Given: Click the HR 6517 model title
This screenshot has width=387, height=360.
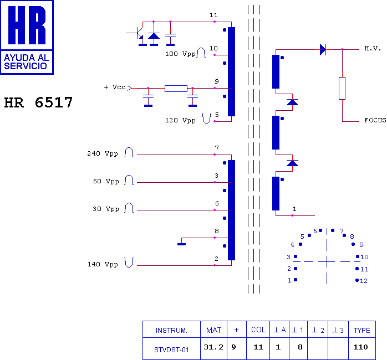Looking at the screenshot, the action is click(38, 102).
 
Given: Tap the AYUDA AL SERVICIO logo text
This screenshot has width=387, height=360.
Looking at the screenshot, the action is click(26, 62).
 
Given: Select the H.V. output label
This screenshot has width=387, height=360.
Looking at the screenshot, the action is click(373, 48).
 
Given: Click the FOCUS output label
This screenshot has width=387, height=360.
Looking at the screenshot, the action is click(375, 120).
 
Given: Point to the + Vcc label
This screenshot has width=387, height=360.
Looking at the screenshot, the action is click(115, 87).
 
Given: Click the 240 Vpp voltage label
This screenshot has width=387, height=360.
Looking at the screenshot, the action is click(103, 153).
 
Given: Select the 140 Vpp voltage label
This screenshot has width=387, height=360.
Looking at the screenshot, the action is click(103, 264).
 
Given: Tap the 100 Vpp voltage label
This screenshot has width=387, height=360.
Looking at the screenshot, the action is click(180, 54).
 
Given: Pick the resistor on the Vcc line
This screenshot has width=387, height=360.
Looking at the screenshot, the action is click(176, 88).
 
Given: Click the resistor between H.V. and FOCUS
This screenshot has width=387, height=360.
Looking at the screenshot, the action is click(342, 88).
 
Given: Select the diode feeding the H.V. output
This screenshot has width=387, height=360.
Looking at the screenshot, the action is click(323, 49).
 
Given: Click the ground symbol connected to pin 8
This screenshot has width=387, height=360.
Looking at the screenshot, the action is click(181, 244).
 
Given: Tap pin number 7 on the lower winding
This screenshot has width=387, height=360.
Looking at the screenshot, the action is click(217, 148).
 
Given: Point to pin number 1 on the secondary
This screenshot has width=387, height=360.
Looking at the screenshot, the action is click(294, 209).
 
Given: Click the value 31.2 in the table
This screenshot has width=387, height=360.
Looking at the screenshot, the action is click(213, 347).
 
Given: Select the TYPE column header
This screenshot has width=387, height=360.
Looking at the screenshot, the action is click(362, 330).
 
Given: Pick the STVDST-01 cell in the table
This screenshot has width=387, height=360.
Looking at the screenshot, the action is click(171, 349).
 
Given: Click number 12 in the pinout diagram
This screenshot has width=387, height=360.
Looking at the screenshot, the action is click(364, 281).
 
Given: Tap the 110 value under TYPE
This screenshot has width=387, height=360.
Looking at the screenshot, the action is click(360, 347).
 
